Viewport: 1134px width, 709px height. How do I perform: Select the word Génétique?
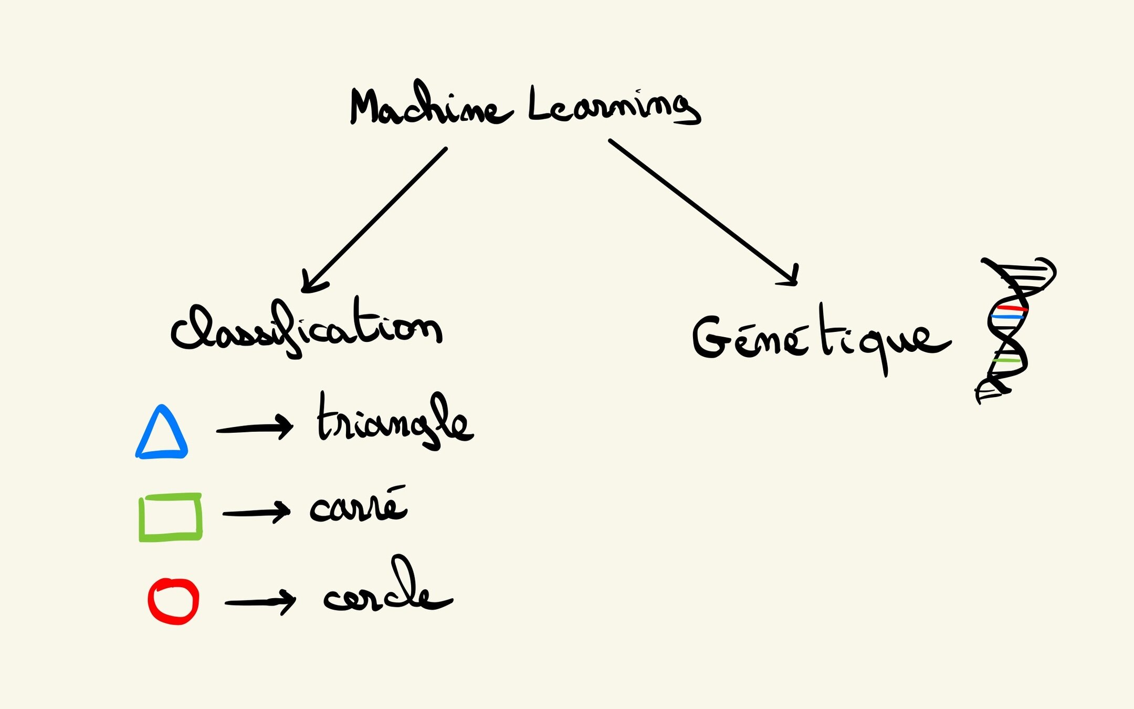point(819,339)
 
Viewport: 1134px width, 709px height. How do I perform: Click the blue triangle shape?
point(162,434)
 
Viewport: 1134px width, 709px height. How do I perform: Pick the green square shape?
point(170,517)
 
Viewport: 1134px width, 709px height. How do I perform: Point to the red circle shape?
point(173,601)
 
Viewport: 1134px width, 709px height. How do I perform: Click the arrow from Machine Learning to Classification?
point(375,218)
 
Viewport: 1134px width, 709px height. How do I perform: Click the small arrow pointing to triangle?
point(255,429)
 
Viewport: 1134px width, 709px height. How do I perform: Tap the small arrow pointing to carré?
point(256,512)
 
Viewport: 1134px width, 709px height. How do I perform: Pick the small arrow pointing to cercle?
point(260,602)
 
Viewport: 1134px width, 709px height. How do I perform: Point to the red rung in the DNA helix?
point(1011,308)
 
